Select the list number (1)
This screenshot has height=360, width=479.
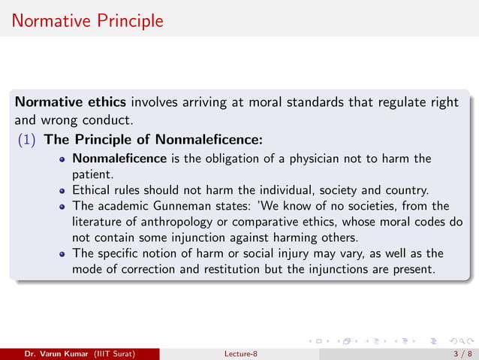tap(29, 139)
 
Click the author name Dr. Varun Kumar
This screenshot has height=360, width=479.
tap(55, 353)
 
